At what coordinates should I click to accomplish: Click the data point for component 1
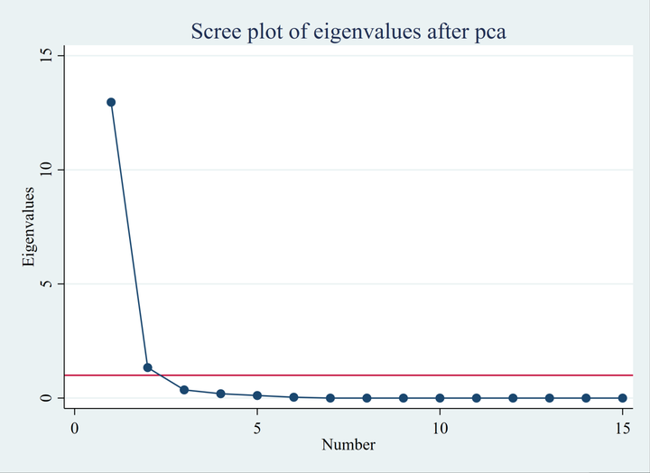[x=111, y=102]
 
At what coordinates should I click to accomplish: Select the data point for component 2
[x=147, y=367]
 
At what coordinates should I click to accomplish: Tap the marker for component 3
[x=184, y=390]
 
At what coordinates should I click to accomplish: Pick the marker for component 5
[x=257, y=395]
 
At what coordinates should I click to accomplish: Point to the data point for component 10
[x=440, y=398]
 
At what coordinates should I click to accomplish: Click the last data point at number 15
[x=622, y=398]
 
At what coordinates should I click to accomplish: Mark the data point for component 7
[x=330, y=398]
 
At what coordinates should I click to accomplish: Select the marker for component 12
[x=513, y=398]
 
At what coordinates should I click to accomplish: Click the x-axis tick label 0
[x=75, y=426]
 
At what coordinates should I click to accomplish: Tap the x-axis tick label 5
[x=257, y=426]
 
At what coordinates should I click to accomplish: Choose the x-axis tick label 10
[x=440, y=426]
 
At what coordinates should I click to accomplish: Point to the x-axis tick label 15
[x=622, y=426]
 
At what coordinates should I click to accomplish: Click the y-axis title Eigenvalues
[x=29, y=227]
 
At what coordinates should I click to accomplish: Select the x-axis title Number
[x=348, y=444]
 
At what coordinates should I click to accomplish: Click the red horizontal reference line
[x=406, y=375]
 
